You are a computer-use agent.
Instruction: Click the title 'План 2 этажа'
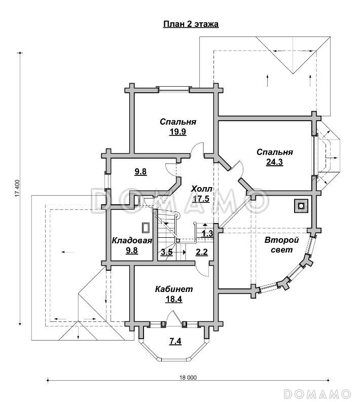pyautogui.click(x=190, y=24)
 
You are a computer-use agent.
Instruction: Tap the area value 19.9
pyautogui.click(x=178, y=132)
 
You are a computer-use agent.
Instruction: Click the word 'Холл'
pyautogui.click(x=201, y=189)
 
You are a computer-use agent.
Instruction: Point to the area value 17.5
pyautogui.click(x=201, y=199)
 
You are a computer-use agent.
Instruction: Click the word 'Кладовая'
pyautogui.click(x=132, y=241)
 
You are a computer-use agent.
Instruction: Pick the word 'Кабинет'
pyautogui.click(x=174, y=289)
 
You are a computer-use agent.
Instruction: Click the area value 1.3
pyautogui.click(x=207, y=233)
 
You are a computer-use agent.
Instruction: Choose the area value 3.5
pyautogui.click(x=166, y=252)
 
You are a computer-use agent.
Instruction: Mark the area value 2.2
pyautogui.click(x=201, y=252)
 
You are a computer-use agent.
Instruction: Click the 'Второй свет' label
pyautogui.click(x=282, y=245)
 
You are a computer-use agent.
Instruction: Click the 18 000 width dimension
pyautogui.click(x=188, y=378)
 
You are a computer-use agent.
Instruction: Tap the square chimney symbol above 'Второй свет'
pyautogui.click(x=301, y=206)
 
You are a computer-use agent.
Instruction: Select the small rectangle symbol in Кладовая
pyautogui.click(x=146, y=228)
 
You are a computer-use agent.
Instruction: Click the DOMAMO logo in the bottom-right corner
pyautogui.click(x=317, y=393)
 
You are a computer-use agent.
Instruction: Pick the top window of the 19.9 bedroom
pyautogui.click(x=173, y=90)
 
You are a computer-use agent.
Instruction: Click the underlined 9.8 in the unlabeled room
pyautogui.click(x=140, y=172)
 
